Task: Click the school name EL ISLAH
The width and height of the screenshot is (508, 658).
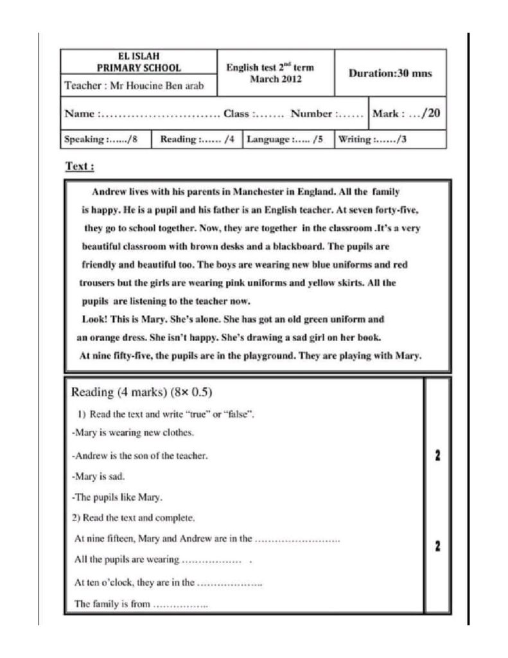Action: pos(139,57)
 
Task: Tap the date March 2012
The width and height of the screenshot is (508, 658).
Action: pos(276,80)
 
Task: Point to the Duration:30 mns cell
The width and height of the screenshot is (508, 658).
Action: pos(390,73)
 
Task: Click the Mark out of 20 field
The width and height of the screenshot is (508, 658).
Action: pos(407,114)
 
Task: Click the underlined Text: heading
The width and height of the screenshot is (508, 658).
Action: pos(80,166)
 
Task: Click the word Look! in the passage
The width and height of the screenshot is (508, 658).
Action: pos(94,319)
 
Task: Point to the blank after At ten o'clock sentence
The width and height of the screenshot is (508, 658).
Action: pos(229,583)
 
